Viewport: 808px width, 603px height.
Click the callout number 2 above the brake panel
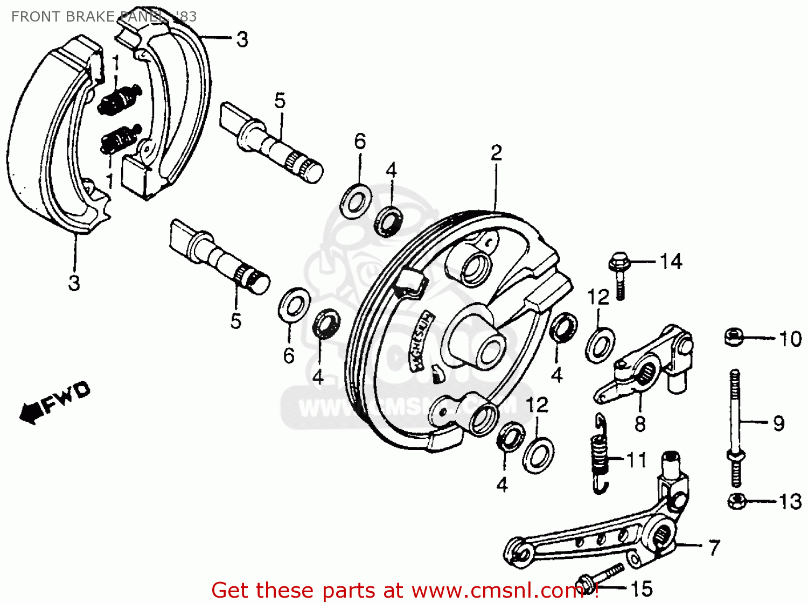click(496, 153)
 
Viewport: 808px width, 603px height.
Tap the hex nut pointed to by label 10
click(733, 338)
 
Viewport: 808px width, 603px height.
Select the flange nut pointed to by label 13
click(736, 501)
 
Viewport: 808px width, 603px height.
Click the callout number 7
click(714, 548)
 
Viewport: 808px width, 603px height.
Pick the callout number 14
click(671, 262)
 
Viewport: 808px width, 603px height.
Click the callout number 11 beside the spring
click(636, 460)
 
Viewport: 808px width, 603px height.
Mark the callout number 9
click(779, 423)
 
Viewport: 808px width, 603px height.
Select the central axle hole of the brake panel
click(487, 350)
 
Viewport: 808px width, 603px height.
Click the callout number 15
click(641, 588)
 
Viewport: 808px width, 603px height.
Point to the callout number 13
click(790, 502)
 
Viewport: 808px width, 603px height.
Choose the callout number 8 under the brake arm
click(640, 424)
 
